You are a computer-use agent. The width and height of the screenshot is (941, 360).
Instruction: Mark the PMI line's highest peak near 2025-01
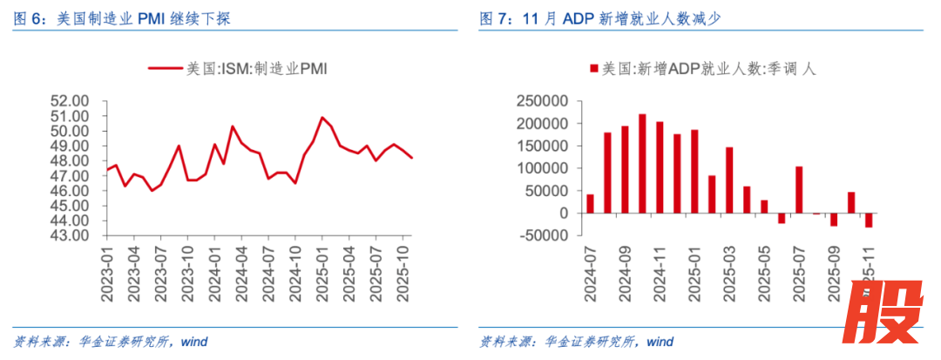(322, 117)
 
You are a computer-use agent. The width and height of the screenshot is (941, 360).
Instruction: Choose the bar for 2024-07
(590, 204)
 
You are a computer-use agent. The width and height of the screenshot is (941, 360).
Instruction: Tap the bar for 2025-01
(694, 172)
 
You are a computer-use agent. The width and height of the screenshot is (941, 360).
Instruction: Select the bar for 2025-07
(799, 190)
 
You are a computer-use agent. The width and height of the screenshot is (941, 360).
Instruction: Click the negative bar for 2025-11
(869, 221)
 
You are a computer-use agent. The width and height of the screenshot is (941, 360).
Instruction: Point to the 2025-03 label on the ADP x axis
(728, 272)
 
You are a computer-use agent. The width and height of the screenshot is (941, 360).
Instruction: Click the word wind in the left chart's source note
(195, 341)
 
